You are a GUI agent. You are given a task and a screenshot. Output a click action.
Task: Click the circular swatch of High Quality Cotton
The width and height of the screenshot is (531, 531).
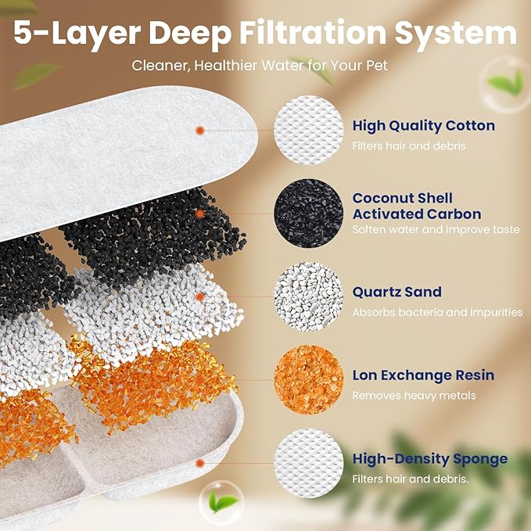(x=309, y=130)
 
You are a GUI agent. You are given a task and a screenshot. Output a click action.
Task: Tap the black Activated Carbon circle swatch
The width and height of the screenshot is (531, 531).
(x=309, y=213)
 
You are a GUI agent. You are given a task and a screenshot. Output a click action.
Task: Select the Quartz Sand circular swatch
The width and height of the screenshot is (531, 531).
(x=309, y=296)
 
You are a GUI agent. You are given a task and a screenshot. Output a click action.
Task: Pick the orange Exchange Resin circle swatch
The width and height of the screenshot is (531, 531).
(x=309, y=380)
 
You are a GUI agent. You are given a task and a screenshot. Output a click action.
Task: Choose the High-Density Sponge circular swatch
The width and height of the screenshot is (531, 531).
(x=309, y=462)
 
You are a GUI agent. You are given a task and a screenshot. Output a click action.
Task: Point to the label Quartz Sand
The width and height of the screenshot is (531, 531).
(x=396, y=292)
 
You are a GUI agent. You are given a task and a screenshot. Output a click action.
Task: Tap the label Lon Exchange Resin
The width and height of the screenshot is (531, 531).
(x=423, y=375)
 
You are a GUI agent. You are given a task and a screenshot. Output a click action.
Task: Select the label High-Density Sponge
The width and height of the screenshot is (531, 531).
(x=429, y=459)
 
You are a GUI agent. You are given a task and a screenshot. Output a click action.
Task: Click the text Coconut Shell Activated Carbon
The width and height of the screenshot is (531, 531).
(x=416, y=206)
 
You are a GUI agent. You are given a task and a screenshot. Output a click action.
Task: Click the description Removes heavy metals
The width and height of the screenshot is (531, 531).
(x=414, y=396)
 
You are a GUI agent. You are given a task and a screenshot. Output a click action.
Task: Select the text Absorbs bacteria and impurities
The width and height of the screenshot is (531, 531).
(x=437, y=313)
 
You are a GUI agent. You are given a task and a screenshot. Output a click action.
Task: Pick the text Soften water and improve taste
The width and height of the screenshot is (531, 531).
(x=436, y=230)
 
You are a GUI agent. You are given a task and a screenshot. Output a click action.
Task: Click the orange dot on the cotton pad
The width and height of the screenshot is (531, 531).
(x=200, y=130)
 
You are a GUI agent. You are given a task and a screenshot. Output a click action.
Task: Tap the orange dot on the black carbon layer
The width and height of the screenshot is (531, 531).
(x=201, y=213)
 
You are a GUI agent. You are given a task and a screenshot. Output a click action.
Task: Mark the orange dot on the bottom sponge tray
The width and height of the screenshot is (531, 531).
(x=201, y=462)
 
